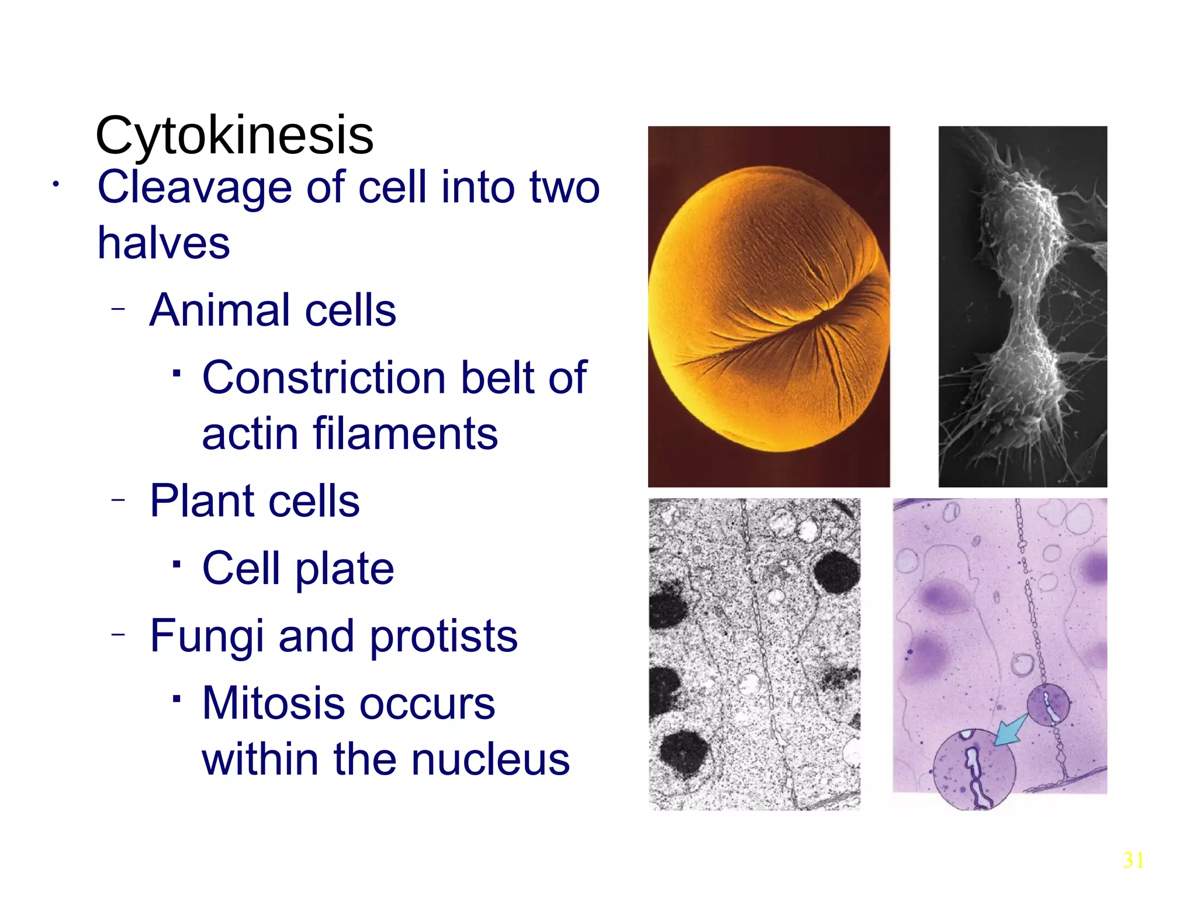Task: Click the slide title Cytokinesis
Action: [x=234, y=135]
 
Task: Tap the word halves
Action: [x=164, y=243]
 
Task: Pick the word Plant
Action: [x=202, y=501]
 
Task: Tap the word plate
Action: [x=345, y=568]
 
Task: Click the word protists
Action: [x=444, y=636]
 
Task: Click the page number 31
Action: [x=1133, y=860]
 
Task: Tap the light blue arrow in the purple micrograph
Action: [x=1011, y=731]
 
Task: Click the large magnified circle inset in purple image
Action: [x=974, y=771]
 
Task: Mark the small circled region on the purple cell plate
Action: [x=1049, y=705]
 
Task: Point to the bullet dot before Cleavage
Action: [x=56, y=185]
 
